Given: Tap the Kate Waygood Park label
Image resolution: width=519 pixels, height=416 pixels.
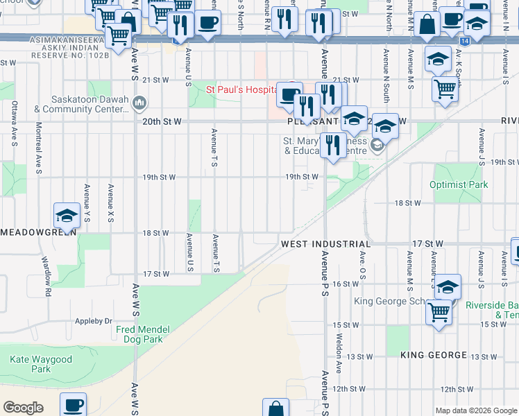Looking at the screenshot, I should click(41, 364).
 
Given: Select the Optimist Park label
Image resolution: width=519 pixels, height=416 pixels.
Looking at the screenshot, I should click(459, 185).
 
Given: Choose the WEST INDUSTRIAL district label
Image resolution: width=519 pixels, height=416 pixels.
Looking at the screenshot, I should click(325, 245).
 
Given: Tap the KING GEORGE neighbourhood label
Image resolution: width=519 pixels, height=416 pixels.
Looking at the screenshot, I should click(434, 355).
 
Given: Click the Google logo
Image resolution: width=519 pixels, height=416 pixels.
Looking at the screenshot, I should click(23, 408).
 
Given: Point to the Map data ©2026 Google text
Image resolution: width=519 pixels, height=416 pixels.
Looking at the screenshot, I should click(476, 410).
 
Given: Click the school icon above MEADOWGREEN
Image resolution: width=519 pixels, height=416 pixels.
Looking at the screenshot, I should click(67, 216).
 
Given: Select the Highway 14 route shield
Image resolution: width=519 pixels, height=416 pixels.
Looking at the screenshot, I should click(463, 42).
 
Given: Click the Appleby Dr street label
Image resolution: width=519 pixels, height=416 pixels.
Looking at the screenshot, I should click(94, 322).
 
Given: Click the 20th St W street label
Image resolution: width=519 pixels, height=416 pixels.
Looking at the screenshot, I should click(162, 121).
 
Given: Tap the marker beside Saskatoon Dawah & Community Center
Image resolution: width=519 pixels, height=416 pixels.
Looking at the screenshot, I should click(139, 104).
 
